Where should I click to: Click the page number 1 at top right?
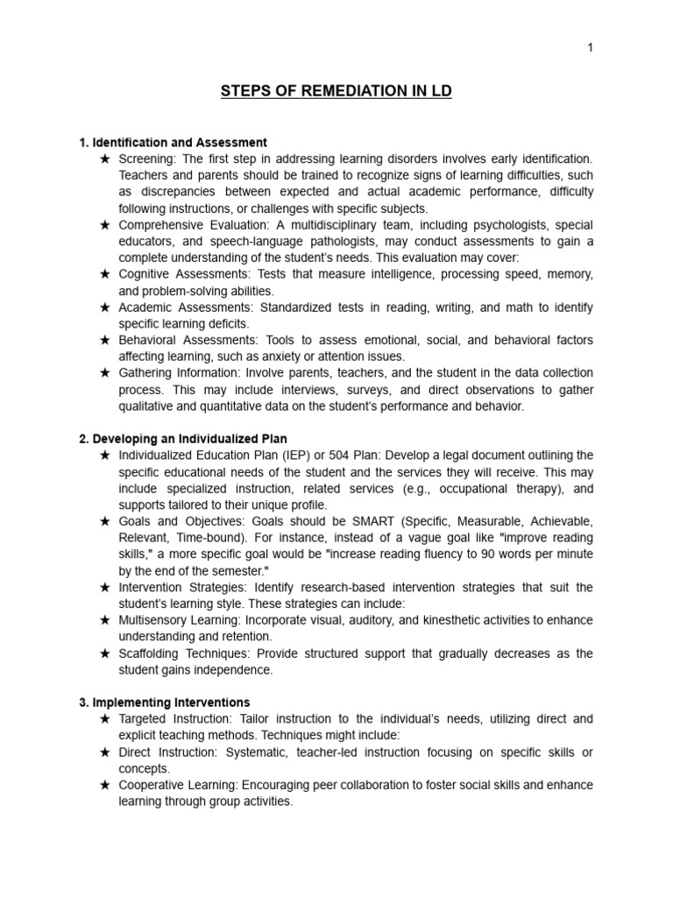pyautogui.click(x=591, y=48)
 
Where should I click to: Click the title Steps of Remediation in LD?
pyautogui.click(x=336, y=91)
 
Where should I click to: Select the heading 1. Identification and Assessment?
pyautogui.click(x=173, y=142)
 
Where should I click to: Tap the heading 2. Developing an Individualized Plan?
pyautogui.click(x=183, y=438)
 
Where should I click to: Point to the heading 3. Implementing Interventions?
pyautogui.click(x=165, y=703)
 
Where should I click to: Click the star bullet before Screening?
pyautogui.click(x=104, y=159)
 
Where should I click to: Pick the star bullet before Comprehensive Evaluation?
pyautogui.click(x=104, y=225)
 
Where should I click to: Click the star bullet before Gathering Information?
pyautogui.click(x=104, y=373)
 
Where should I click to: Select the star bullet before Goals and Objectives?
pyautogui.click(x=104, y=521)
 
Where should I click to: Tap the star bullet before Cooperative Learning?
pyautogui.click(x=104, y=785)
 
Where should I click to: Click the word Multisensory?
pyautogui.click(x=154, y=620)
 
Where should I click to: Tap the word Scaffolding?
pyautogui.click(x=152, y=653)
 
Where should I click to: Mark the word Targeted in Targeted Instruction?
pyautogui.click(x=144, y=719)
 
